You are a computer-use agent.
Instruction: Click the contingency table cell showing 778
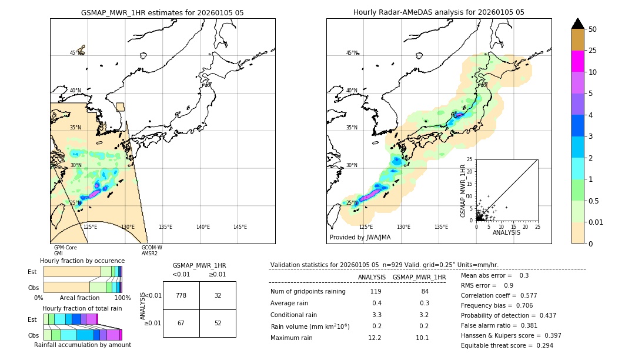point(181,295)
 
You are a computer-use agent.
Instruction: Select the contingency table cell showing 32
point(218,295)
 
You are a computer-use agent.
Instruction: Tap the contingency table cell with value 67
point(181,323)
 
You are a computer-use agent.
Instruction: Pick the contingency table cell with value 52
point(218,323)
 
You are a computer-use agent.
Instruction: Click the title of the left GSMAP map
point(162,12)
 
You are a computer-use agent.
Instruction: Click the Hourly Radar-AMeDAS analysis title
point(439,12)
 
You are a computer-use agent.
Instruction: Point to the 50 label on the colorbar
point(593,29)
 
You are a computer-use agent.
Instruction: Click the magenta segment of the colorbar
point(577,61)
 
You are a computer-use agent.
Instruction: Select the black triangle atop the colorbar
point(577,24)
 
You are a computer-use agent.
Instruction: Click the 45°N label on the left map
point(75,53)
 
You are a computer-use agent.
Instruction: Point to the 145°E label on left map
point(240,227)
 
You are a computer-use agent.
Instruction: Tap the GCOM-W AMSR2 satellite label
point(152,251)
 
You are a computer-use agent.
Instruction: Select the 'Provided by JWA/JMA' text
point(360,237)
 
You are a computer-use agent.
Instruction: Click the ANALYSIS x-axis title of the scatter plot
point(506,233)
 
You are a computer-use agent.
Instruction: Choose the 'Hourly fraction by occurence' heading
point(82,261)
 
